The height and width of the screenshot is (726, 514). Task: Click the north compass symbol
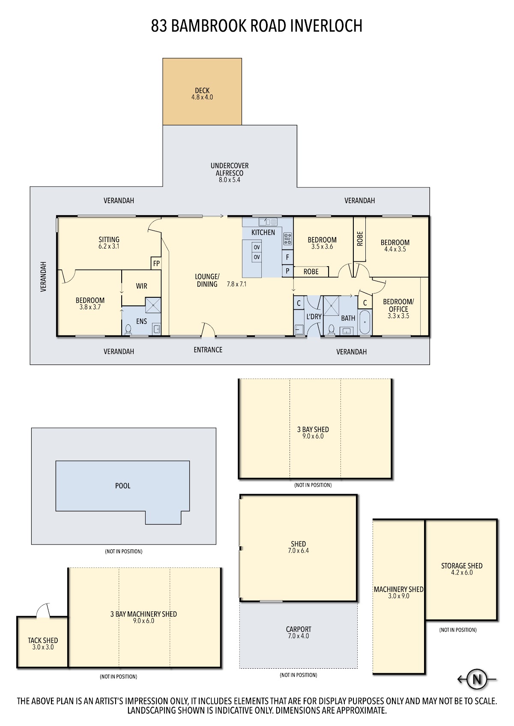pos(477,679)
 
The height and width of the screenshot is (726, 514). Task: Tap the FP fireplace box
pos(156,263)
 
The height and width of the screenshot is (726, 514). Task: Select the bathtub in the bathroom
pos(365,322)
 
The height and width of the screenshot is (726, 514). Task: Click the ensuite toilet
pos(128,329)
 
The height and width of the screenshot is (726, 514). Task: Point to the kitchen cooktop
pos(287,239)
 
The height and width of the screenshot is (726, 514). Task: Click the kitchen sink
pos(268,222)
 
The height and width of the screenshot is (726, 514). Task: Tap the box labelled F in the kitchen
pos(287,258)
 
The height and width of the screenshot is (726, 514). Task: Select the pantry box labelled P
pos(287,271)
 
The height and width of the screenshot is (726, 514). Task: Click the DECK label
pos(202,90)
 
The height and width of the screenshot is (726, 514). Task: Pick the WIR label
pos(141,286)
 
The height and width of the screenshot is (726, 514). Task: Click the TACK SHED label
pos(43,640)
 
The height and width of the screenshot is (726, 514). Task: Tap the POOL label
pos(123,486)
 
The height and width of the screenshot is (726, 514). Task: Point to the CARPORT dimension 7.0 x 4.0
pos(298,636)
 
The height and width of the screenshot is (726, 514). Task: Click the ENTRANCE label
pos(208,350)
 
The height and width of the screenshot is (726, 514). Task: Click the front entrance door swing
pos(208,329)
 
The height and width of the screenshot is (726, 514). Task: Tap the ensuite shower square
pos(153,305)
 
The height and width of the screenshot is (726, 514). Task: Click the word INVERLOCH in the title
pos(326,26)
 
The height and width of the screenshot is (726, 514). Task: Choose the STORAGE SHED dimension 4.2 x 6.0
pos(462,572)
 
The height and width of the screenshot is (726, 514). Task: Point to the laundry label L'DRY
pos(314,316)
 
